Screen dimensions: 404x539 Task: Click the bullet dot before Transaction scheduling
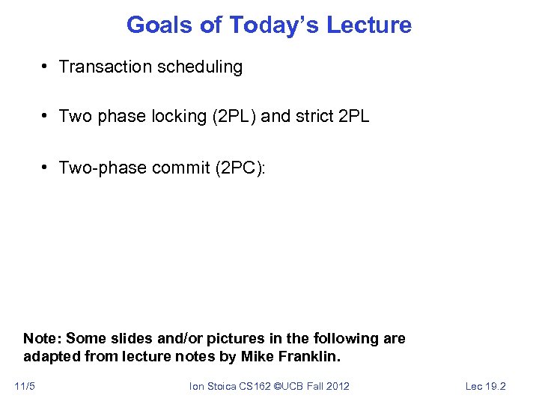[x=46, y=67]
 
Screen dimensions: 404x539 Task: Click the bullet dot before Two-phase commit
[x=46, y=167]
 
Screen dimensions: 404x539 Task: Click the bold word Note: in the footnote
[x=43, y=338]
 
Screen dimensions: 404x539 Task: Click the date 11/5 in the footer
[x=25, y=386]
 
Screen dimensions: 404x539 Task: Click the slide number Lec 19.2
[x=486, y=386]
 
